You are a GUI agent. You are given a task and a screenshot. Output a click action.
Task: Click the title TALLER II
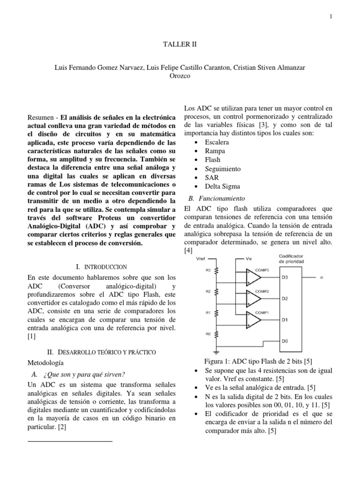180,45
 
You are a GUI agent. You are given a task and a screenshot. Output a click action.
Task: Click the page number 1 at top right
331,17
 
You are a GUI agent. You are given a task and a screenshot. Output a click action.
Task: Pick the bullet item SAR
211,178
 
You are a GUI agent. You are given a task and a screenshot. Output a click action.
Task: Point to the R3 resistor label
207,270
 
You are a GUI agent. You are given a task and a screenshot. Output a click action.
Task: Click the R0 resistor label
207,334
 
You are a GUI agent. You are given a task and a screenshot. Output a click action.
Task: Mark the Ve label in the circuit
248,258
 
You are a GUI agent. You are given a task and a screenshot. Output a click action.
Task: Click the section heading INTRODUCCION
105,266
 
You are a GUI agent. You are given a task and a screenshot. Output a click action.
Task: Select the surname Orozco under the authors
180,76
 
